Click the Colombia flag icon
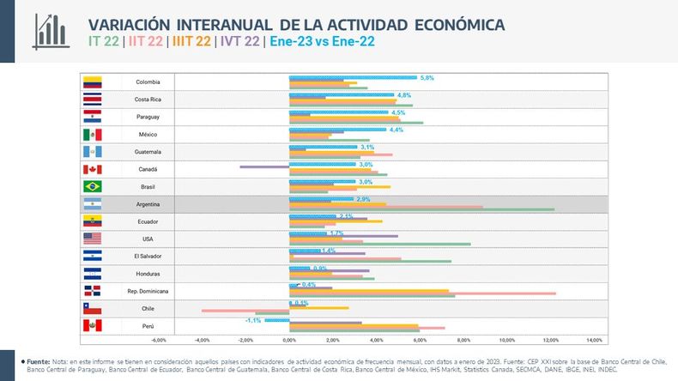point(92,82)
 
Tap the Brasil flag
point(92,186)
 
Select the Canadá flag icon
point(92,169)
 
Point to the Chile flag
point(92,308)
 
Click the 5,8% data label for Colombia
point(427,77)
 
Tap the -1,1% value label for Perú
point(253,319)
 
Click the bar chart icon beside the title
point(52,31)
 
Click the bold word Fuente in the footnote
point(38,363)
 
